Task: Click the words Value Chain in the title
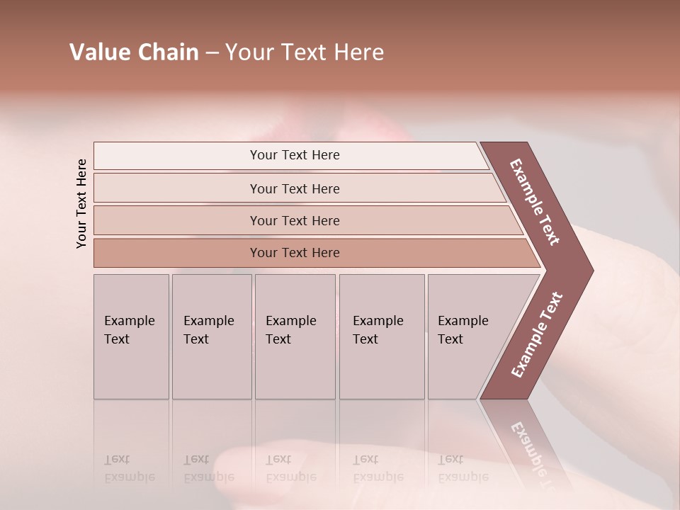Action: (134, 52)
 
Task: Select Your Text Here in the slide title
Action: (305, 52)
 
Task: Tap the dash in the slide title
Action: (212, 53)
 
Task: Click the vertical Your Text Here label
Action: (81, 203)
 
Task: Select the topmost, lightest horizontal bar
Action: (295, 155)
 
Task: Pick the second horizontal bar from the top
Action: (295, 188)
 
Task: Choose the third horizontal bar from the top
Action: (295, 220)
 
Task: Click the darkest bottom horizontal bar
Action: (295, 253)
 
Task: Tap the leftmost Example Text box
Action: (131, 336)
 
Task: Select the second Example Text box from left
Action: (211, 336)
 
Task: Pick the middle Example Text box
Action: (295, 336)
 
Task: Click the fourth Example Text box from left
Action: (381, 336)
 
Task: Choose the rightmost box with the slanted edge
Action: (467, 336)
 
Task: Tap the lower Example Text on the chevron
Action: (537, 334)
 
